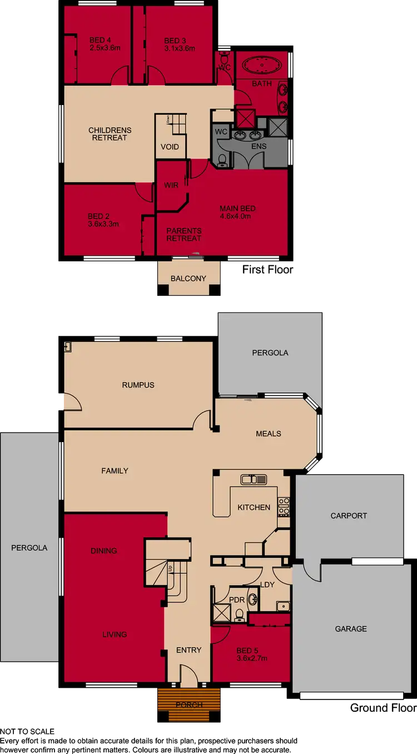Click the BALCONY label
coord(188,279)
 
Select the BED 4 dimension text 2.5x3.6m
coord(105,48)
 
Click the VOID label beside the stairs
coord(170,147)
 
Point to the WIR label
coord(171,185)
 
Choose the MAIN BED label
coord(237,209)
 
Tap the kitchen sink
coord(254,479)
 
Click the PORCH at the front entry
coord(188,705)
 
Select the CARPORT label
coord(349,515)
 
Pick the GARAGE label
coord(351,629)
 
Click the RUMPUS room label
coord(138,385)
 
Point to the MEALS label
coord(269,434)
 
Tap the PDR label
coord(237,600)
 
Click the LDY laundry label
coord(268,584)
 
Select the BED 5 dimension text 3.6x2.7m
coord(251,658)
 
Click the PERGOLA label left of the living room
coord(29,548)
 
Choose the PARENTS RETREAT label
coord(184,234)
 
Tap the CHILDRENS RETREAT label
coord(110,134)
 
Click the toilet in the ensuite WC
coord(222,160)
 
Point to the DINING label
coord(104,550)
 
